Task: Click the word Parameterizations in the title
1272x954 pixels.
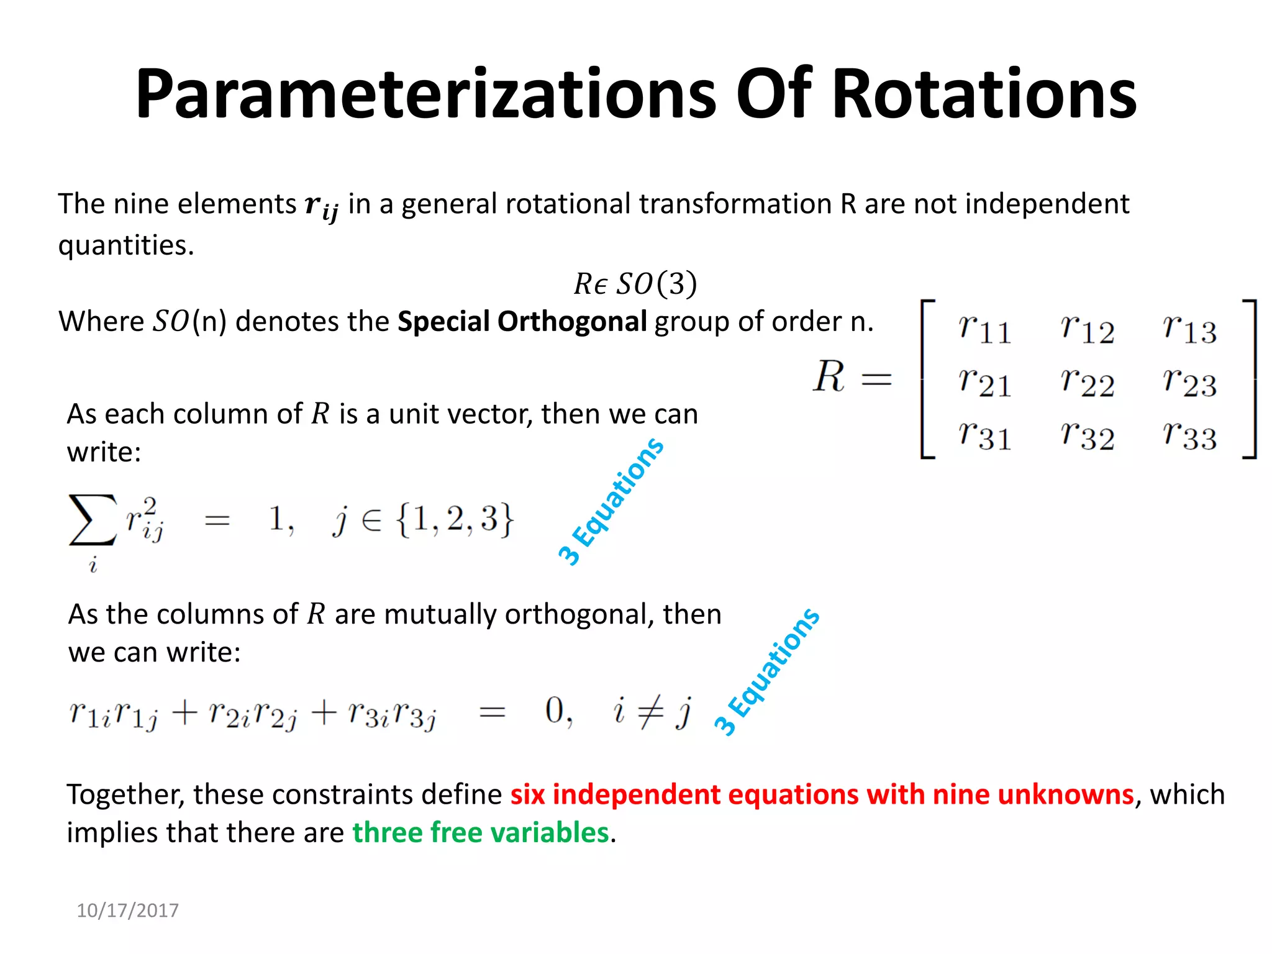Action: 426,94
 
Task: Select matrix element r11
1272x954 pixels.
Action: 984,329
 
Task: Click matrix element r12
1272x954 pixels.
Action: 1087,329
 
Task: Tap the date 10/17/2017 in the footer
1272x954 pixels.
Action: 127,911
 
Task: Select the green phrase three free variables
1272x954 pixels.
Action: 481,832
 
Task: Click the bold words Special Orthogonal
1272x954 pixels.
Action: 522,322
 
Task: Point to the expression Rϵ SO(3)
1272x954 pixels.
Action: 635,284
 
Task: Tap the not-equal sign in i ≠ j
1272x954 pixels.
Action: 651,712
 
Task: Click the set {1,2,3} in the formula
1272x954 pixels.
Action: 455,519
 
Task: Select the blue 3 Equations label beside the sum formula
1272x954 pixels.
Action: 611,502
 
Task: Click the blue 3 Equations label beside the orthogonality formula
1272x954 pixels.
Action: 766,673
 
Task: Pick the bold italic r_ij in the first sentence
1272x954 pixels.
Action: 321,206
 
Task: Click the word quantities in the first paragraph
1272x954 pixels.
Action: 125,245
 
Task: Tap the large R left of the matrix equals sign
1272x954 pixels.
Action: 829,376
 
